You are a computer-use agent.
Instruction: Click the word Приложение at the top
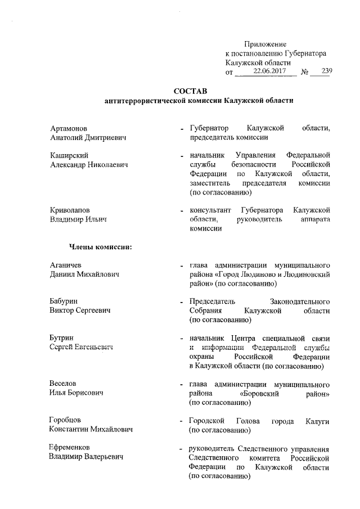(x=265, y=44)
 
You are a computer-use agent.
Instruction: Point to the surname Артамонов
(x=69, y=128)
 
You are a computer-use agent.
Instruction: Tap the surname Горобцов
(x=66, y=421)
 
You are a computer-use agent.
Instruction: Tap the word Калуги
(x=317, y=421)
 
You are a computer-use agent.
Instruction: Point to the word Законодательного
(x=300, y=301)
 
